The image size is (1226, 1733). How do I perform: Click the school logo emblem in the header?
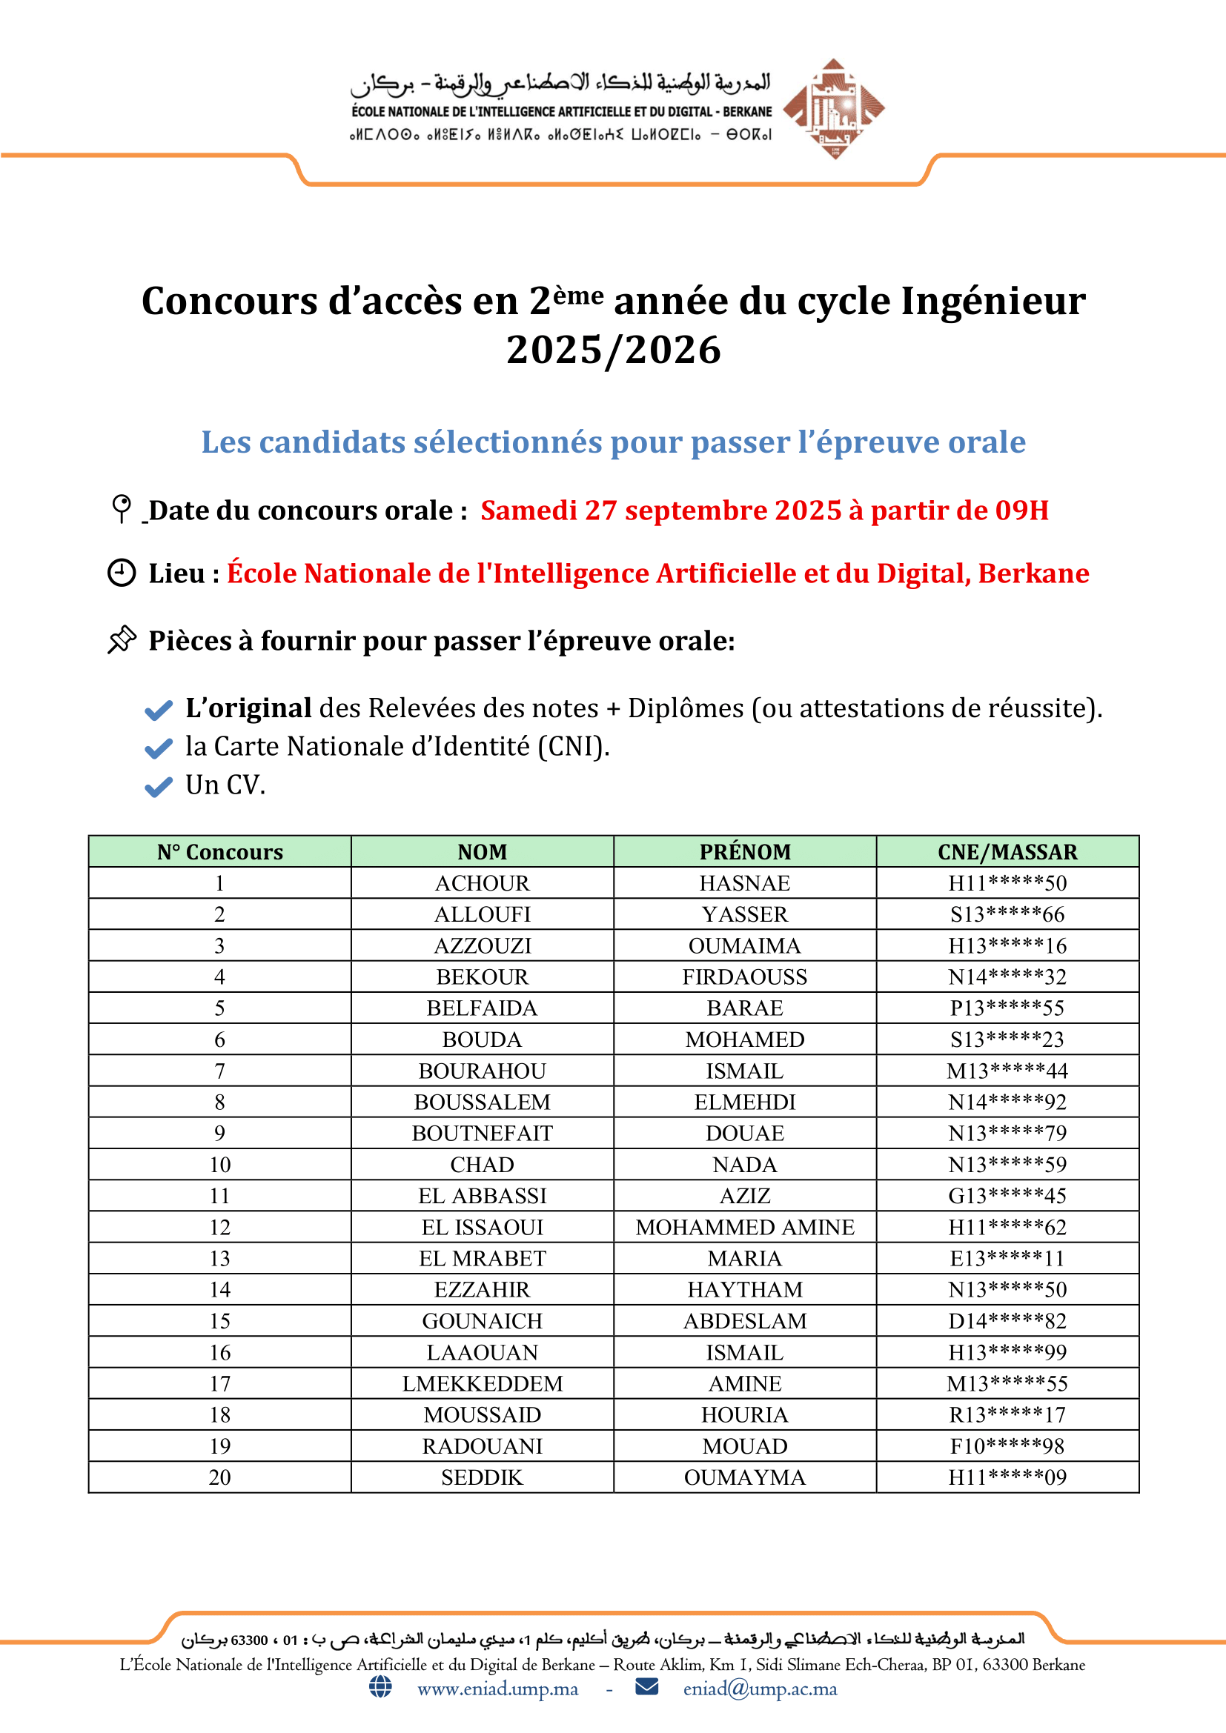pos(833,109)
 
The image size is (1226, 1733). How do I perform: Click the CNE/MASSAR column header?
pos(1007,851)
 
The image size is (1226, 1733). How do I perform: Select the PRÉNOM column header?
pos(744,851)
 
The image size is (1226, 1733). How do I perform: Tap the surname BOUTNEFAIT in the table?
pos(483,1133)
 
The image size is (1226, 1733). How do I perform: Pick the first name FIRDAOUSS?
pos(744,977)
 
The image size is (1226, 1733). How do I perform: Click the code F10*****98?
pos(1007,1446)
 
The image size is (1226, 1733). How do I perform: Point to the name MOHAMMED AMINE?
pos(744,1227)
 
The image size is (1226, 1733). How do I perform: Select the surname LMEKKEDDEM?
pos(483,1383)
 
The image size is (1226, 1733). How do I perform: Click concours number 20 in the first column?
pos(219,1477)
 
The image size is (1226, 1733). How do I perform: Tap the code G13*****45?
pos(1007,1196)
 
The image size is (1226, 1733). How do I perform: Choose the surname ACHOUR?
pos(483,883)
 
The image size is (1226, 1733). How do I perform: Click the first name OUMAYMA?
pos(744,1477)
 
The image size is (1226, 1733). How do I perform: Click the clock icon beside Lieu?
pos(122,573)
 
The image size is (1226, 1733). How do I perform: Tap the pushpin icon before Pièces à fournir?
pos(122,639)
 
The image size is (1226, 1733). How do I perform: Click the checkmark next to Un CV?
pos(159,787)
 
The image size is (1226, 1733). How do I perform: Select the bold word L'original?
pos(248,708)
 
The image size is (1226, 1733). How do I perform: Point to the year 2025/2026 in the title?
pos(613,350)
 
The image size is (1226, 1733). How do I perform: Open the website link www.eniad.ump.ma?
pos(497,1689)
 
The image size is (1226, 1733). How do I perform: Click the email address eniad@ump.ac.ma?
pos(760,1689)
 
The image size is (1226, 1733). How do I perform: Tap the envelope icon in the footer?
pos(646,1686)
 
